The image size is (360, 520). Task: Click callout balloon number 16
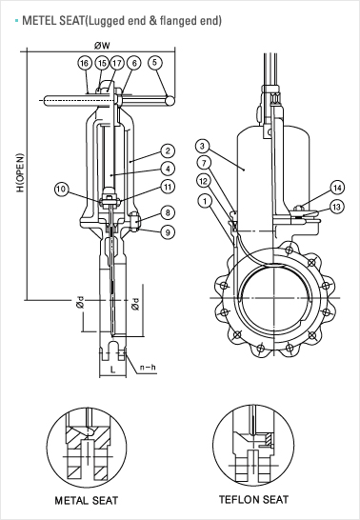point(85,63)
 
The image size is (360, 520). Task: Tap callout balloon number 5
point(155,62)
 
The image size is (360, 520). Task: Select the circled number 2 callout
point(168,150)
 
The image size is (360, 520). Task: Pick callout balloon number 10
point(61,190)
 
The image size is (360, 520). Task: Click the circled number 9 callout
point(168,232)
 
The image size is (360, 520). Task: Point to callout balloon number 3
point(203,146)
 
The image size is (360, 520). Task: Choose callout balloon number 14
point(337,188)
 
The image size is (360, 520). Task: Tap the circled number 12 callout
point(204,181)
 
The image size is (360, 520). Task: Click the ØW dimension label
point(102,46)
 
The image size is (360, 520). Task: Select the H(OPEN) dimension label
point(21,172)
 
